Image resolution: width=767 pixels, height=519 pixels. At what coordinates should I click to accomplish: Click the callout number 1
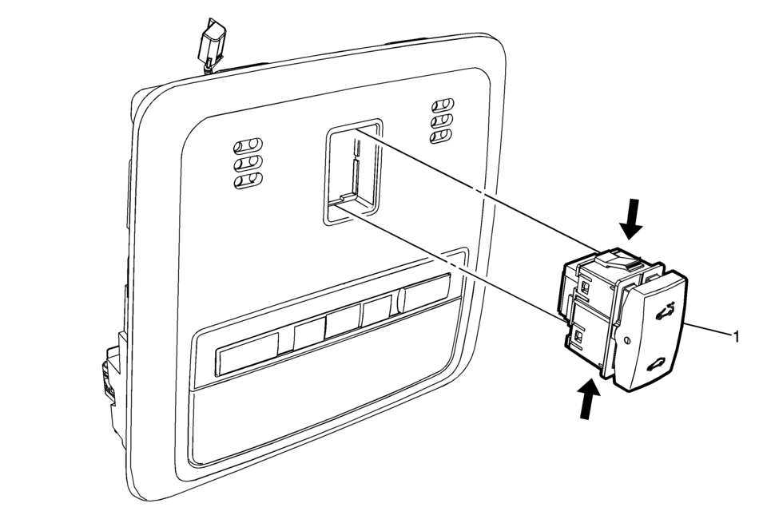(x=736, y=336)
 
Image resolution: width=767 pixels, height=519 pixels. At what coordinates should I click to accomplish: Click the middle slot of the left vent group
(x=248, y=164)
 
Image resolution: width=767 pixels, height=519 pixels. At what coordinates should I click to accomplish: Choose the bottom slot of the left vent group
(x=248, y=181)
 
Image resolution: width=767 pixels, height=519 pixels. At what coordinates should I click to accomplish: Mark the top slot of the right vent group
(x=443, y=105)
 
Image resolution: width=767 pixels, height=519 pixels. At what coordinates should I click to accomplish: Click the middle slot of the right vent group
(x=442, y=121)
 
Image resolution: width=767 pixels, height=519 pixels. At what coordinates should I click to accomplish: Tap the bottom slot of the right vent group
(x=442, y=136)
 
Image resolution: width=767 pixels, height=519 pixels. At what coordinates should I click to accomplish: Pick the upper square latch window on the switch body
(x=586, y=285)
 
